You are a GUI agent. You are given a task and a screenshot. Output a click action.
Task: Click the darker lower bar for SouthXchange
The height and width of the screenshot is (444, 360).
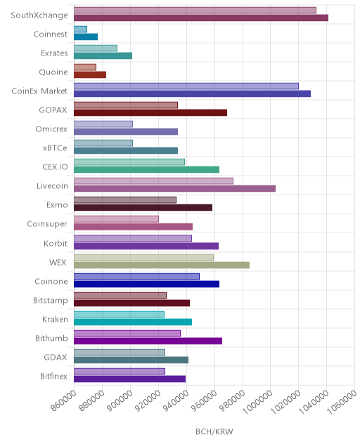[x=201, y=18]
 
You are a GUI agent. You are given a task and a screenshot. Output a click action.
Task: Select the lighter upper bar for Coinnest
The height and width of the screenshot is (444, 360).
[x=80, y=30]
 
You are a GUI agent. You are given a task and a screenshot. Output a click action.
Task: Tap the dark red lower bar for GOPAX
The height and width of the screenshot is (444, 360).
[x=150, y=112]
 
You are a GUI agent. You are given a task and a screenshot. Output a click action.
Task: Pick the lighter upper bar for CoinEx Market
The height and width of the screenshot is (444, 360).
[x=186, y=86]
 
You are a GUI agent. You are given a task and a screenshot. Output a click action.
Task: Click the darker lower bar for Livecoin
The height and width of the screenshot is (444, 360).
[x=174, y=188]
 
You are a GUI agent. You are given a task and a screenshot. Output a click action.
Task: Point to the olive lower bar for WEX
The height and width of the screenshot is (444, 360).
[x=162, y=265]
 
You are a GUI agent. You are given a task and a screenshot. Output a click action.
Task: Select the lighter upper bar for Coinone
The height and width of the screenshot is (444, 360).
[x=136, y=276]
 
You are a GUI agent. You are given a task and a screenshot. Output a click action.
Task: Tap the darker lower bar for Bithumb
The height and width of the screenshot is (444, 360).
[x=148, y=341]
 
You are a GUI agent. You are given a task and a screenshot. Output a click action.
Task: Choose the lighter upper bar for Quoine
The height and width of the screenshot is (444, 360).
[x=85, y=67]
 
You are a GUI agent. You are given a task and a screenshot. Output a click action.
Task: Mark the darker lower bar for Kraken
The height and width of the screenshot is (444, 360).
[x=133, y=322]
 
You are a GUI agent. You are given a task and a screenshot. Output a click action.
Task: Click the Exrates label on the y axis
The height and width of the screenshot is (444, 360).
[x=54, y=53]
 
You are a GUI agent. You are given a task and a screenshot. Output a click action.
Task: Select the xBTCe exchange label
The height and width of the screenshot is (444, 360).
[x=55, y=148]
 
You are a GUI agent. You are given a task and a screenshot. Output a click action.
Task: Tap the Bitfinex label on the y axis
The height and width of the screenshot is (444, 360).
[x=53, y=377]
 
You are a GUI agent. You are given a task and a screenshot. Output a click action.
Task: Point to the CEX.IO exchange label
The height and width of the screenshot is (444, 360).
[x=55, y=167]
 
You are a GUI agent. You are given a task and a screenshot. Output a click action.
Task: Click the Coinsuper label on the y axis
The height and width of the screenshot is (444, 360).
[x=47, y=224]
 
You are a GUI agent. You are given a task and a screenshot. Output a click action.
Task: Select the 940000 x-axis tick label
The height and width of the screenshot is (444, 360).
[x=176, y=400]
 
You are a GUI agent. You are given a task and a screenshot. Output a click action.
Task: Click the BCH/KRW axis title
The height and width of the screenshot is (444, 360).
[x=214, y=431]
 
